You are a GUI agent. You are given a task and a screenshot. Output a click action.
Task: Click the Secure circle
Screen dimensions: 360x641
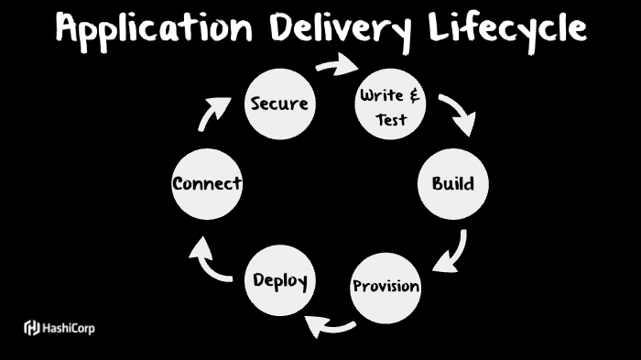click(x=279, y=104)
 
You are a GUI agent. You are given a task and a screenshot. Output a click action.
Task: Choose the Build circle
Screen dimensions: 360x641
click(x=453, y=183)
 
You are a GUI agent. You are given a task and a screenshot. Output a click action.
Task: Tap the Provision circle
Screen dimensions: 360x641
click(x=386, y=286)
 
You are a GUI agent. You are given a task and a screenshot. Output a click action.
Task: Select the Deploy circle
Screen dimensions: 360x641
click(x=279, y=279)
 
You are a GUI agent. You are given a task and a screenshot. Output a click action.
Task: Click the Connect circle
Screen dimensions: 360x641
click(x=207, y=183)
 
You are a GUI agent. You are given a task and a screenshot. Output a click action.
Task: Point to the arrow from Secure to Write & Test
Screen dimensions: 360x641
click(x=336, y=64)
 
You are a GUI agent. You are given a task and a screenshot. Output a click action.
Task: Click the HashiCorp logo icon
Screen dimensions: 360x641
click(x=31, y=327)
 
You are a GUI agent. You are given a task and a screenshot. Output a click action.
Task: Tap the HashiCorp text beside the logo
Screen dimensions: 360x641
click(x=68, y=328)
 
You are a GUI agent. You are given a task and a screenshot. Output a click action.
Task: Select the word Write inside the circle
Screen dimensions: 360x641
click(x=382, y=94)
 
